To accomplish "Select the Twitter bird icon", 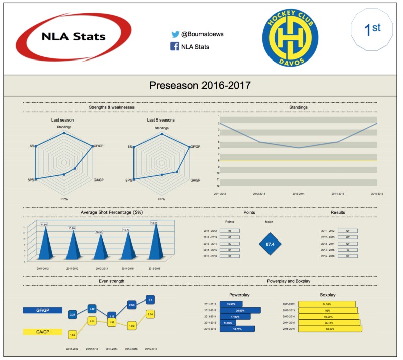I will [175, 35].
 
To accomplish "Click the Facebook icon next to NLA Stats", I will [175, 47].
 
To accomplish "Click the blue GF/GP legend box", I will [43, 310].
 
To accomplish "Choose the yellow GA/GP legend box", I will [43, 332].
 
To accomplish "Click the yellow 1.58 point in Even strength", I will [73, 333].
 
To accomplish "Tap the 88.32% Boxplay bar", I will [330, 329].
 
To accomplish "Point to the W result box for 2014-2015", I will [347, 249].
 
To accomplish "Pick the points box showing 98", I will [230, 231].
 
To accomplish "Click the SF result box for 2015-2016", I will [347, 256].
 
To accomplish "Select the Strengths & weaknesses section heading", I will [111, 107].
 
